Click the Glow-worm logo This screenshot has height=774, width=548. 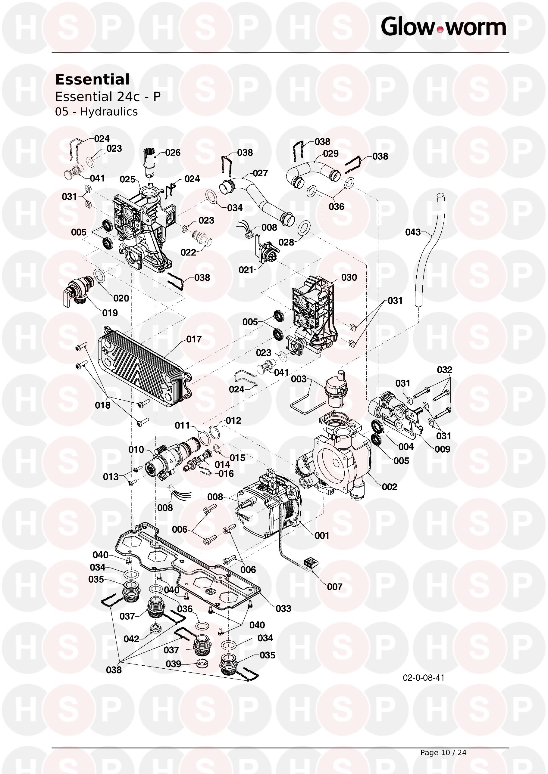pos(443,27)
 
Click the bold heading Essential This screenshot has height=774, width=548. pos(92,79)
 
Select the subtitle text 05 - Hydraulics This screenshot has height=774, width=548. pos(96,112)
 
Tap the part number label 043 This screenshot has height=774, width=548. pos(413,232)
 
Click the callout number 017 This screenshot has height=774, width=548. pos(194,339)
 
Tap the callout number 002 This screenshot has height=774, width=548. pos(390,487)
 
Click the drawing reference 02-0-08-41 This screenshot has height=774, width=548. pos(424,678)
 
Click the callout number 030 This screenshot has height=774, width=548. pos(349,277)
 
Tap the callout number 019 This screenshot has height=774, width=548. pos(110,313)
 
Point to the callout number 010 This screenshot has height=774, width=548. pos(136,449)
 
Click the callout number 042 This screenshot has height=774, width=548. pos(132,639)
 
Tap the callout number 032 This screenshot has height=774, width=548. pos(444,370)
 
